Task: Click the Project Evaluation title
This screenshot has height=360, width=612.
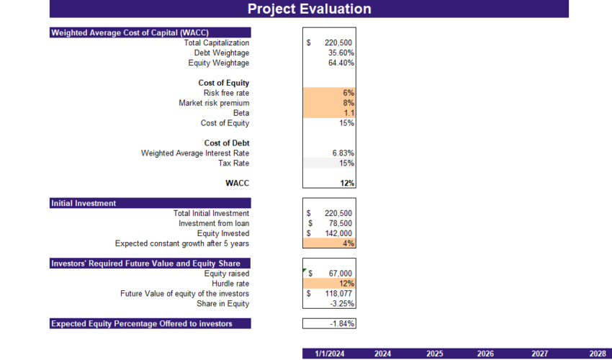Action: tap(309, 9)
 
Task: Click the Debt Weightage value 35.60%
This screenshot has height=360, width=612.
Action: tap(341, 53)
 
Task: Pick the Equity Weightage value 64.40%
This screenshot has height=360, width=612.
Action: tap(341, 63)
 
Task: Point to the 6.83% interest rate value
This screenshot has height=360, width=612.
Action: tap(343, 153)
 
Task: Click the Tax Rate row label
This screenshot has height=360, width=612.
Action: tap(234, 163)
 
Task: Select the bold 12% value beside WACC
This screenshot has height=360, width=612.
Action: tap(347, 184)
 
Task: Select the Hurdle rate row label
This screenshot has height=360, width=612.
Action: tap(230, 284)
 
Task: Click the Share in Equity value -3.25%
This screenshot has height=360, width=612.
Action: tap(342, 304)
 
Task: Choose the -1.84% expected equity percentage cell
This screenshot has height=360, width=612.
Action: tap(341, 324)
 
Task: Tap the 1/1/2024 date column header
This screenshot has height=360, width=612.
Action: tap(328, 354)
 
